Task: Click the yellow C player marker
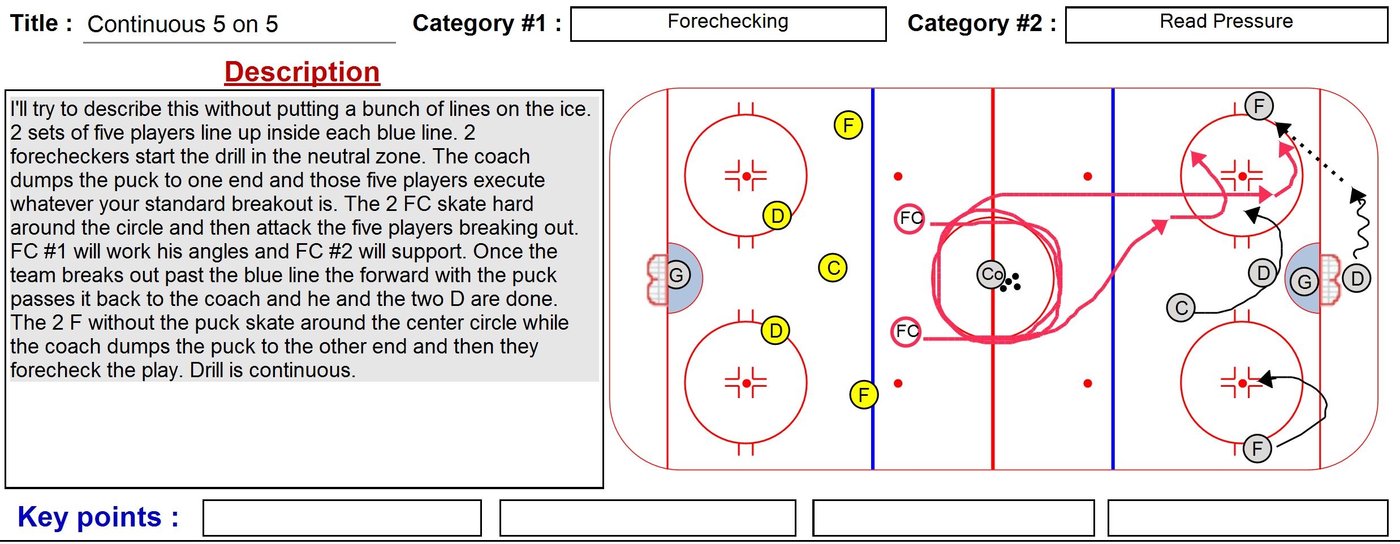(833, 268)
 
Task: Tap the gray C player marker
(1181, 308)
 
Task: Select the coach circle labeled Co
(990, 275)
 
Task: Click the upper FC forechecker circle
(909, 218)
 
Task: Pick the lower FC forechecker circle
(906, 331)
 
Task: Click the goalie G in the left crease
(677, 276)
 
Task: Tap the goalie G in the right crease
(1304, 282)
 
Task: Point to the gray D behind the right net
(1356, 278)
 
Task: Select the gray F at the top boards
(1259, 106)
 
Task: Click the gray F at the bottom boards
(1257, 449)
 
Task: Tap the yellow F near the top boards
(848, 125)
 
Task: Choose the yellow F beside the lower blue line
(864, 395)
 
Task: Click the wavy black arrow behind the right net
(1361, 226)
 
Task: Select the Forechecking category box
(728, 24)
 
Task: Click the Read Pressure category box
(1226, 24)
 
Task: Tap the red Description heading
(302, 72)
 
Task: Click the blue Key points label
(98, 517)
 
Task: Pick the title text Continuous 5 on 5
(183, 24)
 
